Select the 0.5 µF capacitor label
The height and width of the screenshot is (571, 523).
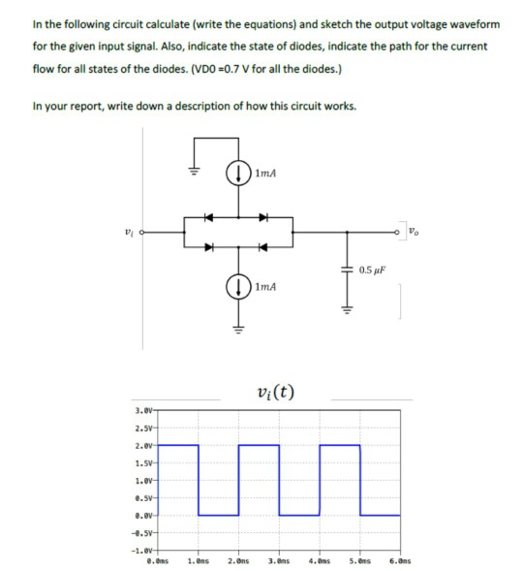click(x=374, y=269)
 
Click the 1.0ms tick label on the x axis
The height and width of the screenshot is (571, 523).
click(x=200, y=561)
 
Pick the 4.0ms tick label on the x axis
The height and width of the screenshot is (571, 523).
click(x=320, y=561)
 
